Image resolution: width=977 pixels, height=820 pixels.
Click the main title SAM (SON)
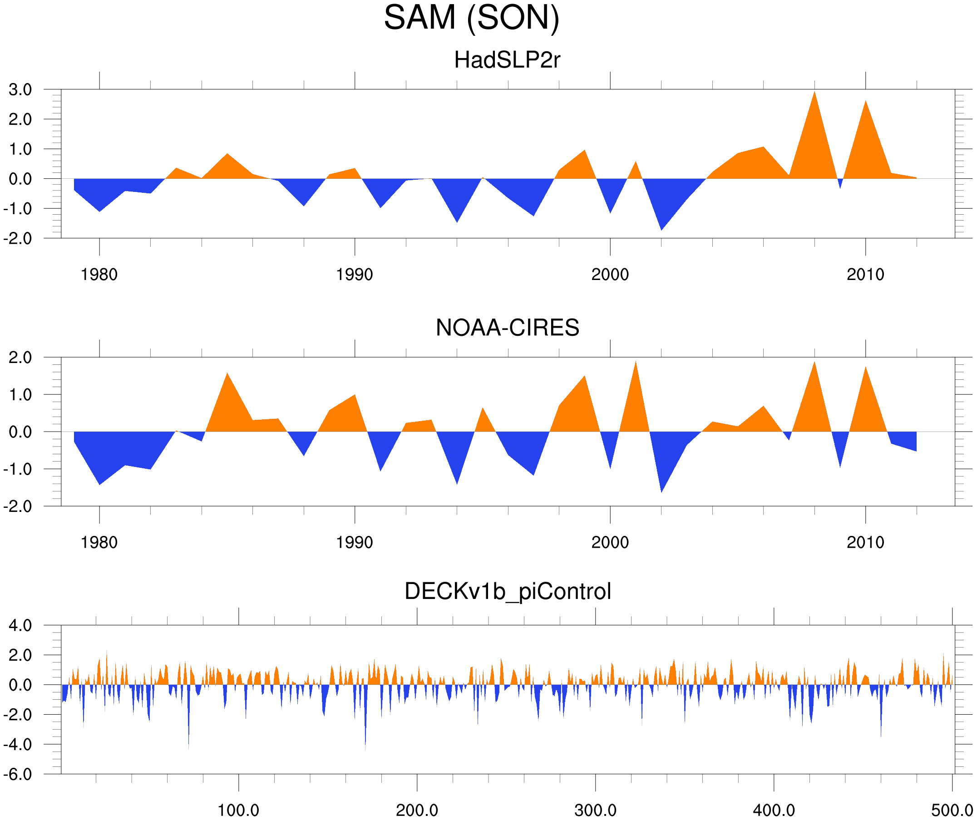[x=471, y=18]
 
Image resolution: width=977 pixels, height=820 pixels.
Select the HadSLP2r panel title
[x=507, y=60]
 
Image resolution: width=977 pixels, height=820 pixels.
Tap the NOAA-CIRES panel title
[x=507, y=328]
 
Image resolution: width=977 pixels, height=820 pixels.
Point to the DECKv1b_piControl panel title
[x=508, y=592]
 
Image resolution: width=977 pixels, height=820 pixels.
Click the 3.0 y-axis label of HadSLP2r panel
[x=20, y=90]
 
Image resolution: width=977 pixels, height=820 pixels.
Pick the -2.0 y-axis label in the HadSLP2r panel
[x=18, y=239]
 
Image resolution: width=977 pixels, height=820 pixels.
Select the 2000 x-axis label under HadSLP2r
[x=610, y=275]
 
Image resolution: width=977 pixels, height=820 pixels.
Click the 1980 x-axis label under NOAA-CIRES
[x=99, y=542]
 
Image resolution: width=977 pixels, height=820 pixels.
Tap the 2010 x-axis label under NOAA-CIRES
[x=865, y=542]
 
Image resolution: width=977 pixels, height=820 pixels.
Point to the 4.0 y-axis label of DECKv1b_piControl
[x=20, y=626]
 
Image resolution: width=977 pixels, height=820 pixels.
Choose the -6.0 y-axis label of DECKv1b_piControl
[x=18, y=775]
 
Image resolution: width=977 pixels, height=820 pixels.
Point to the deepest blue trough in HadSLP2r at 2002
[x=661, y=228]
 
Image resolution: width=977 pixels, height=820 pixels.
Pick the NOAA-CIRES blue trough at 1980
[x=99, y=482]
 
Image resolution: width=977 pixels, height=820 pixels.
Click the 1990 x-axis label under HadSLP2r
[x=355, y=275]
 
